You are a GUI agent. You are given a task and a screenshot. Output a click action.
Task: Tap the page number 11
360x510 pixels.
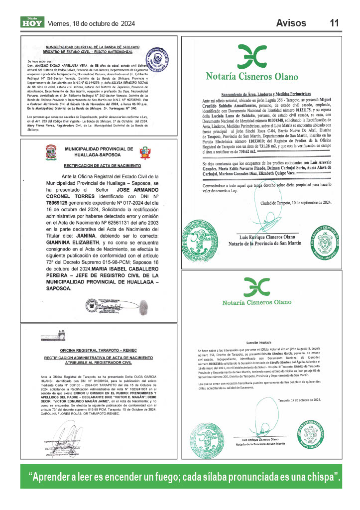coord(334,23)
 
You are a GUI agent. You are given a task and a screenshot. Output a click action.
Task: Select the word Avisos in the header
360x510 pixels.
coord(294,23)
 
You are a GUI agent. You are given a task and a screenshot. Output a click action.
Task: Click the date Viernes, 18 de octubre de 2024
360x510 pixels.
coord(91,23)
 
